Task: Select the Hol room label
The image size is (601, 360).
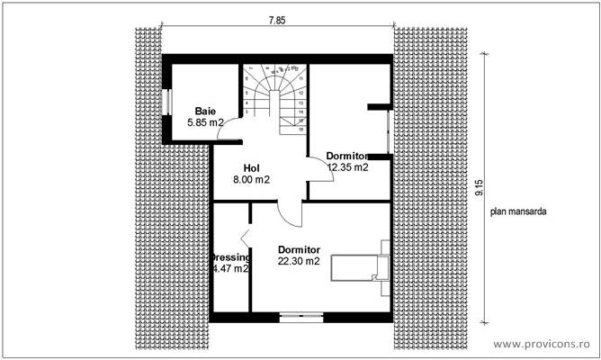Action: tap(252, 167)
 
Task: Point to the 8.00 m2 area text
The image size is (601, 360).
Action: tap(251, 180)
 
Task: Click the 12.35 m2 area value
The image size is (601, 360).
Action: tap(348, 166)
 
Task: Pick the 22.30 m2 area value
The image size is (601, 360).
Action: tap(299, 262)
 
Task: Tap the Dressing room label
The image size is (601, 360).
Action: tap(229, 256)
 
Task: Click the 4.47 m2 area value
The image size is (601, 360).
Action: tap(230, 268)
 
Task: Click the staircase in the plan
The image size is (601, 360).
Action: tap(274, 95)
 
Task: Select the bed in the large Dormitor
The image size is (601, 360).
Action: tap(361, 267)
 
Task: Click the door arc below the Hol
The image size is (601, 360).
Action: tap(291, 213)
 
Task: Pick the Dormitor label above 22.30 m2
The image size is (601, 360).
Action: tap(300, 249)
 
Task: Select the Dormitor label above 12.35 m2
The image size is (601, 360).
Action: tap(348, 155)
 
